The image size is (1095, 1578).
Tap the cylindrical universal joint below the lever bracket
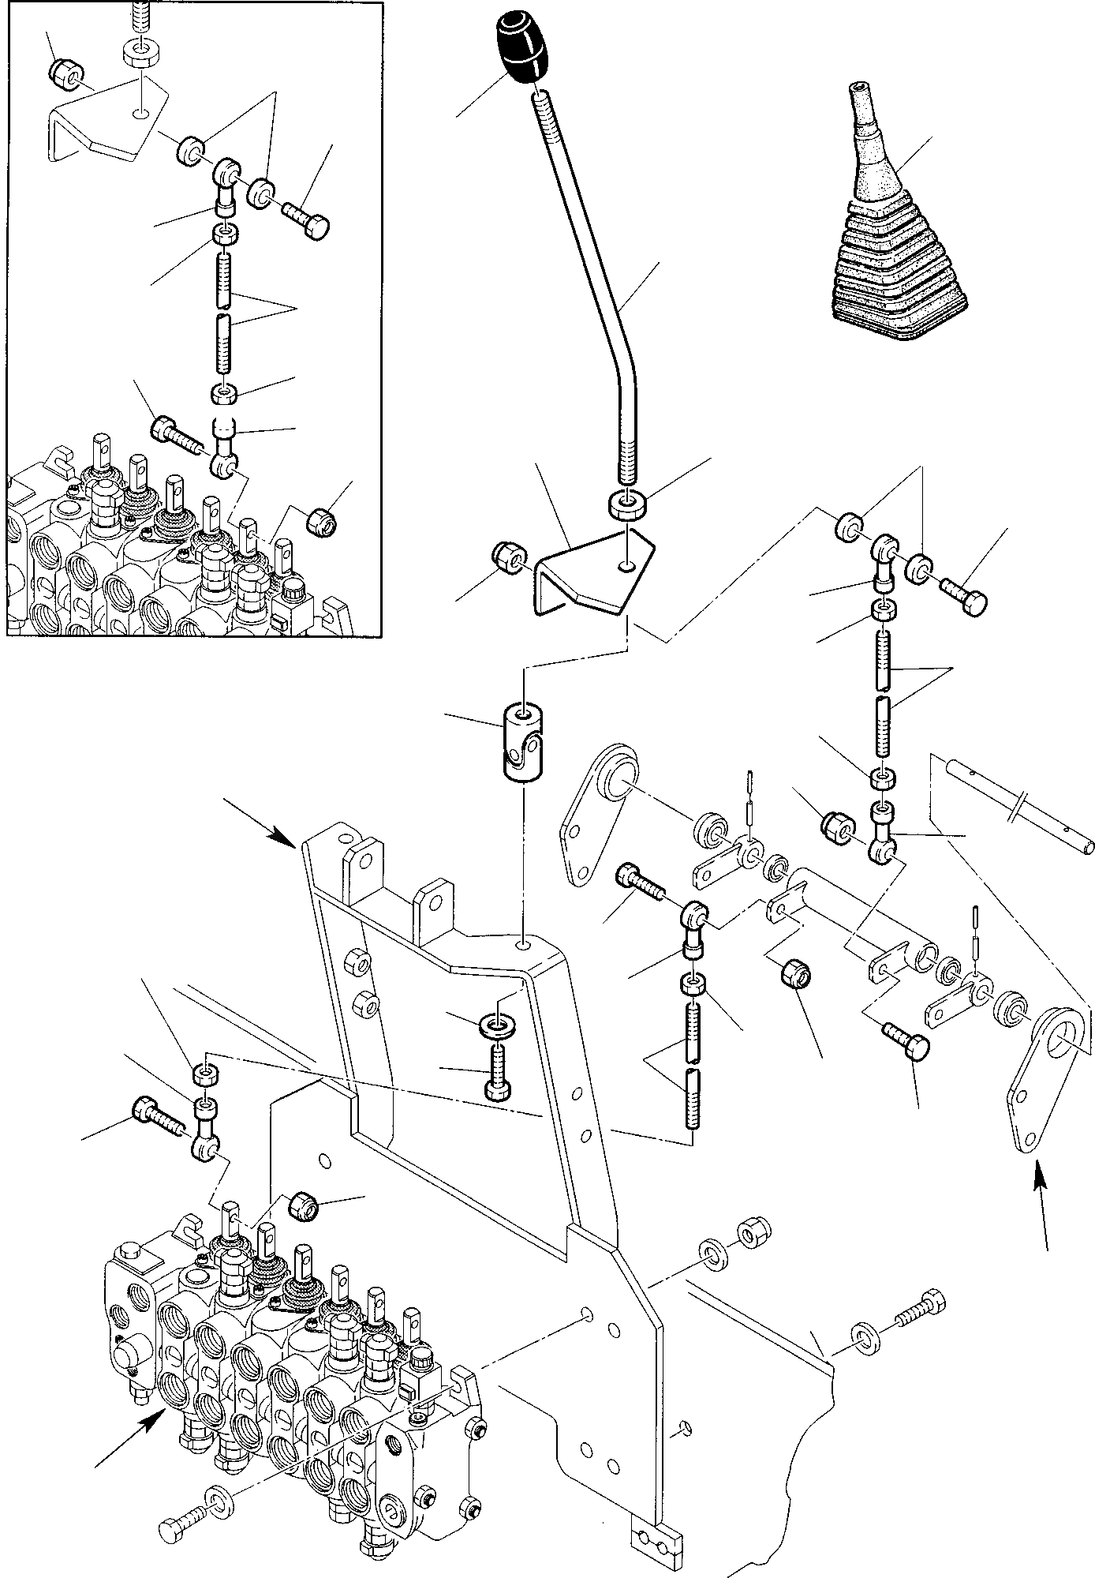pos(520,745)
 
